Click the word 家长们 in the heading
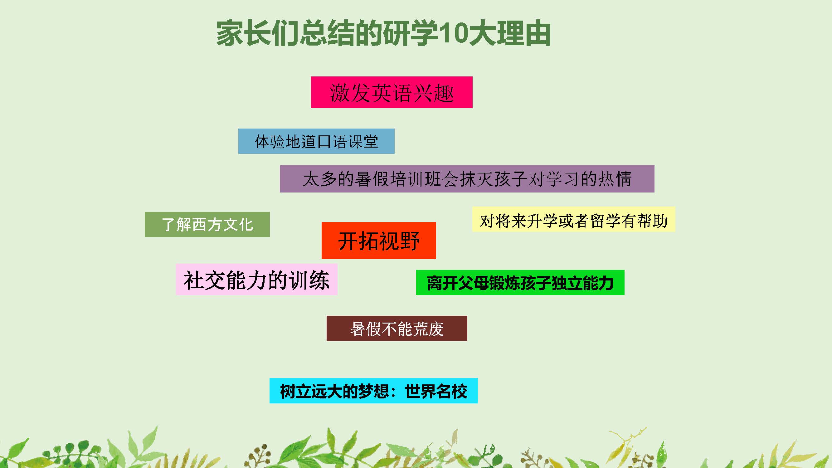click(x=257, y=34)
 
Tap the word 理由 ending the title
click(x=523, y=34)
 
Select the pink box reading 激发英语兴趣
click(x=392, y=92)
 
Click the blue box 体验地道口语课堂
click(x=316, y=141)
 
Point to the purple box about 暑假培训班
click(x=467, y=178)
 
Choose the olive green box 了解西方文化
click(x=207, y=224)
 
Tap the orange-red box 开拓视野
click(x=378, y=240)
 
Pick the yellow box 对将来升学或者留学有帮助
click(x=574, y=219)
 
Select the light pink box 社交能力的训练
click(x=256, y=279)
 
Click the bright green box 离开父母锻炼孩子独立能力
click(x=520, y=282)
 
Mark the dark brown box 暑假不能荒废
click(x=397, y=328)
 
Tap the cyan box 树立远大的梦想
click(x=373, y=391)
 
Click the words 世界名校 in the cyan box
click(x=436, y=391)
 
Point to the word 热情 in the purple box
click(x=615, y=178)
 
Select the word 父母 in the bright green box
click(x=473, y=283)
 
